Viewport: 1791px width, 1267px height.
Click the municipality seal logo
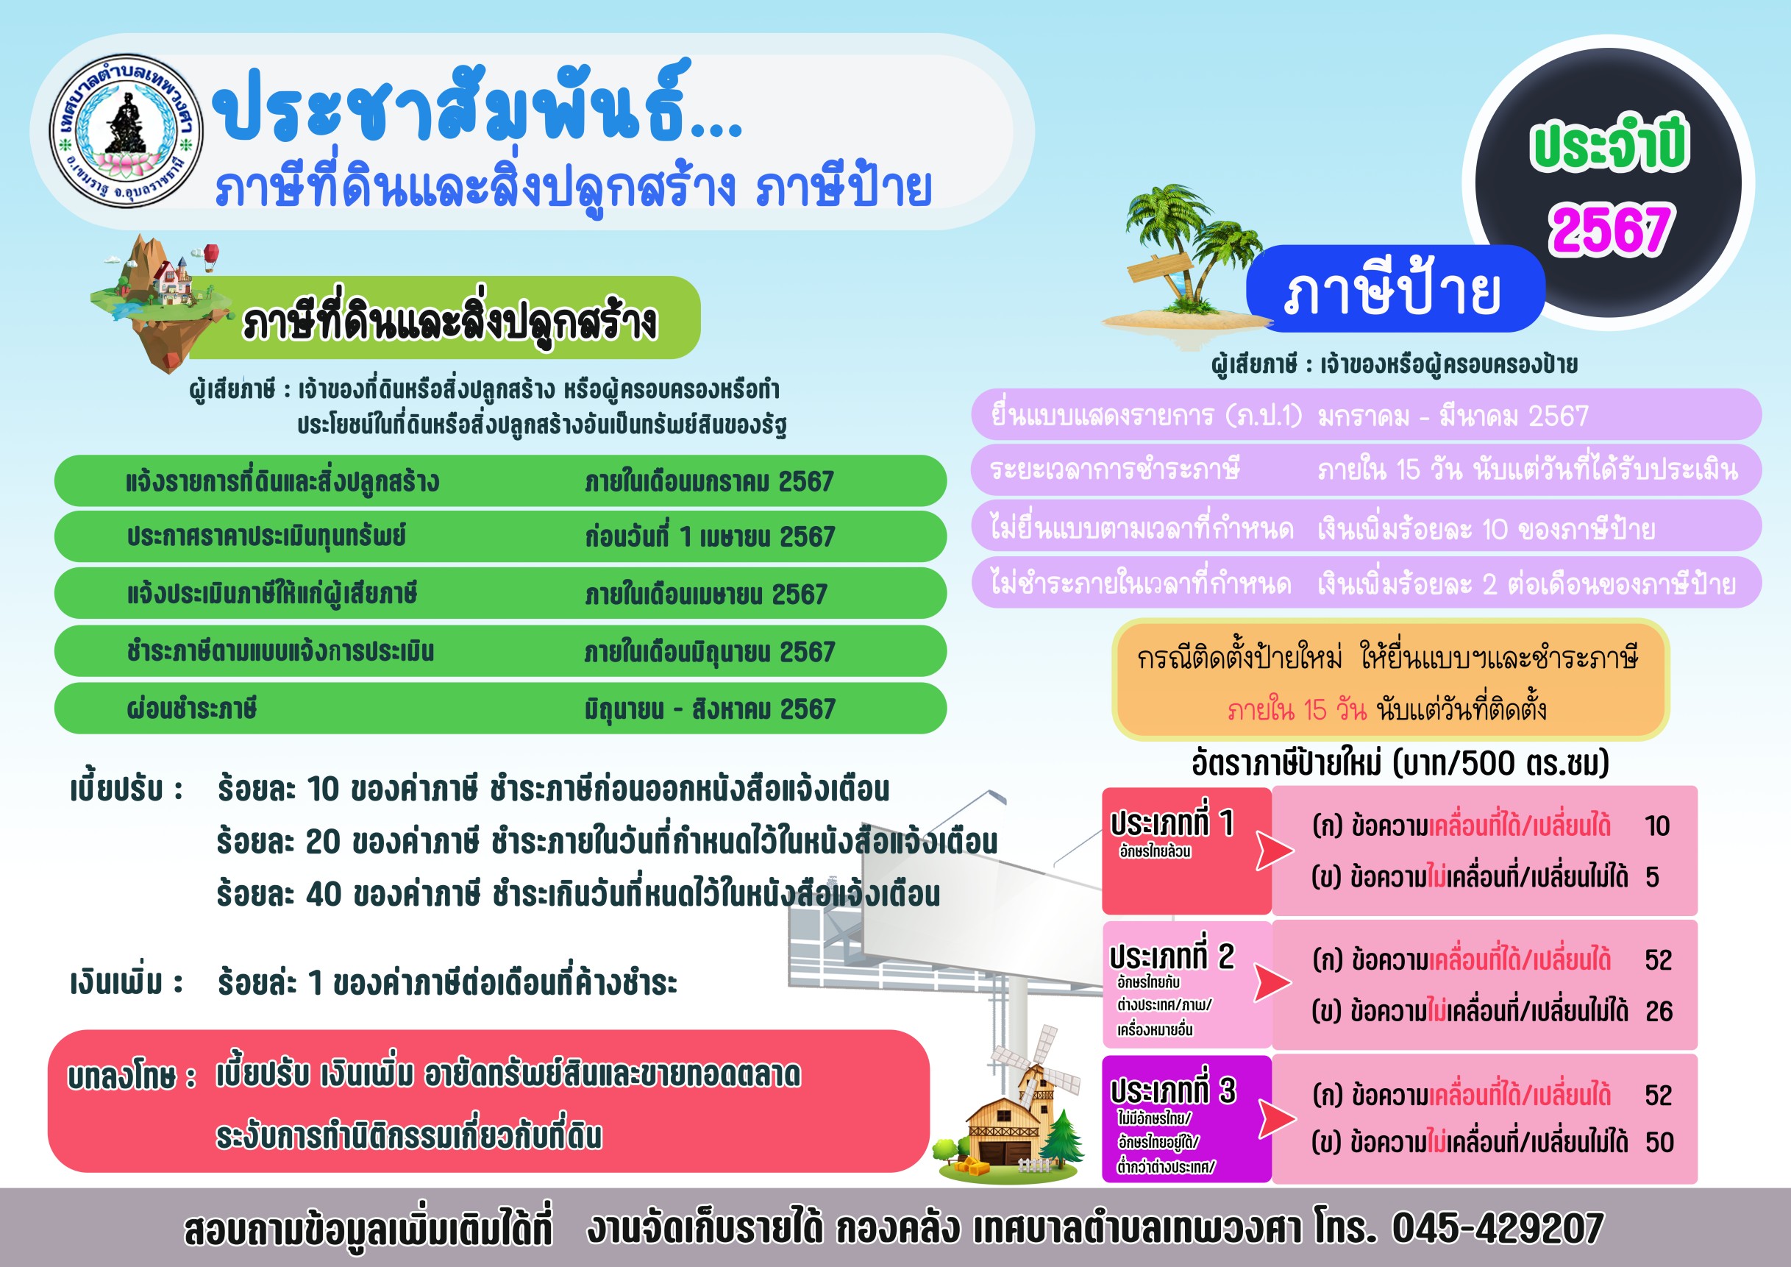127,130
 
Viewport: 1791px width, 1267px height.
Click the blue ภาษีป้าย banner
1395,288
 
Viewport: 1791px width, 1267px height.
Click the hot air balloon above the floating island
211,255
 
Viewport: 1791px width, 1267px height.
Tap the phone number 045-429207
1498,1228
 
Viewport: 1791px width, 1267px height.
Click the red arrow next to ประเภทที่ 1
1274,850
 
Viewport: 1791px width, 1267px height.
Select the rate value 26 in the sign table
1659,1011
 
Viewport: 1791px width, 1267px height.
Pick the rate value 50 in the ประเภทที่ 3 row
1659,1142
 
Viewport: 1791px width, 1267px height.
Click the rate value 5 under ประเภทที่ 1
1652,877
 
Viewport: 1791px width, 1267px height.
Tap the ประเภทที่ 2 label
1172,957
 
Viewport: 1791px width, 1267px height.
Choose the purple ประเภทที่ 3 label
1172,1090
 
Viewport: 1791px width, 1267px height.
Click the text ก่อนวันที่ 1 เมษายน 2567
710,537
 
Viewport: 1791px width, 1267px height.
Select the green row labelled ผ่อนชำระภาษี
500,709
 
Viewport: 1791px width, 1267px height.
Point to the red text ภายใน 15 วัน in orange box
1297,710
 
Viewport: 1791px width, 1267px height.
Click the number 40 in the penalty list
323,894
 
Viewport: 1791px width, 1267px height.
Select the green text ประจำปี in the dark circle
1609,145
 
